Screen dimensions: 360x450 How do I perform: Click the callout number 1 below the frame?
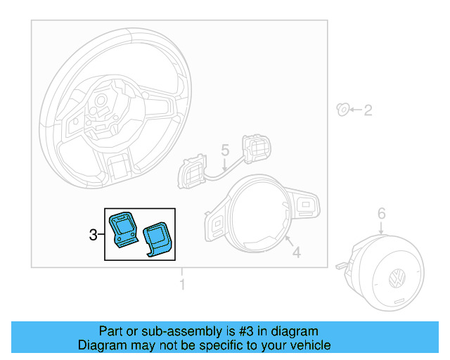pos(182,285)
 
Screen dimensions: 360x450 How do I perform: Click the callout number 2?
pos(367,110)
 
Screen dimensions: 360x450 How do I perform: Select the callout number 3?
pos(94,235)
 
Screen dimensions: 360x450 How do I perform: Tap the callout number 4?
pos(296,252)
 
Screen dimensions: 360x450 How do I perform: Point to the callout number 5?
pos(225,150)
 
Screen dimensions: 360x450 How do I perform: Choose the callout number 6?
pos(381,212)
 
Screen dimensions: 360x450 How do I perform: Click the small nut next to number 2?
pos(343,109)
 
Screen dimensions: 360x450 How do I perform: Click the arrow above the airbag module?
pos(381,226)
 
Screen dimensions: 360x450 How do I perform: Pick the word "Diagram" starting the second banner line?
pos(100,345)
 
